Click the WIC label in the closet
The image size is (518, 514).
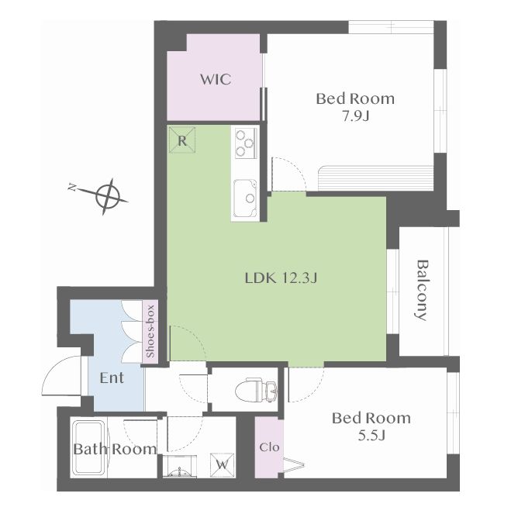pos(216,80)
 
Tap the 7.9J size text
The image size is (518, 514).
pos(355,116)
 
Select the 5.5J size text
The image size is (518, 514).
pos(371,436)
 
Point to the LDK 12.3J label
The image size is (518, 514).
pos(281,278)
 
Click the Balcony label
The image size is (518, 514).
pos(422,291)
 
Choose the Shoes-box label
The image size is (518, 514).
pos(150,331)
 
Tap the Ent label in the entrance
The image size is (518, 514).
pos(112,378)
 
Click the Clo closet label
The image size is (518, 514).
pos(269,447)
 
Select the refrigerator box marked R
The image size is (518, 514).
pos(182,140)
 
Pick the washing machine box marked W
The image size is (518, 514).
pos(223,465)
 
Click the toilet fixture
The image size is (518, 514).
pos(256,390)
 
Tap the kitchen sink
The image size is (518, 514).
pos(245,198)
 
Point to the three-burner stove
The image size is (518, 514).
pos(246,143)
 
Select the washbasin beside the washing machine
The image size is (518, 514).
pos(179,466)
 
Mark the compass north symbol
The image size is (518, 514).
pos(106,197)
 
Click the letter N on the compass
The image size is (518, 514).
pos(71,188)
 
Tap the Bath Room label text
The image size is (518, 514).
pos(115,449)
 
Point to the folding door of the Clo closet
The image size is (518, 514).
pos(293,465)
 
